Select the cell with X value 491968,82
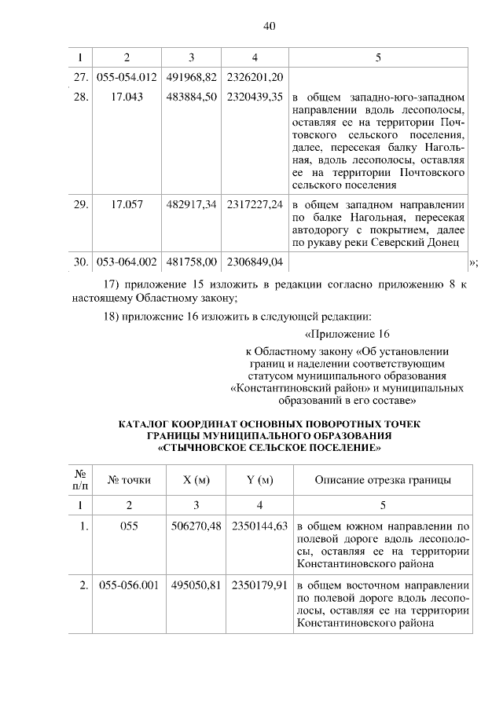click(192, 77)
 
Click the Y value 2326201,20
click(255, 77)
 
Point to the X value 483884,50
click(192, 97)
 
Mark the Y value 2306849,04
click(255, 262)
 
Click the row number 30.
click(79, 262)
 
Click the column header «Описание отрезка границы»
click(382, 480)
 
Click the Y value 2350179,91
click(255, 586)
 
